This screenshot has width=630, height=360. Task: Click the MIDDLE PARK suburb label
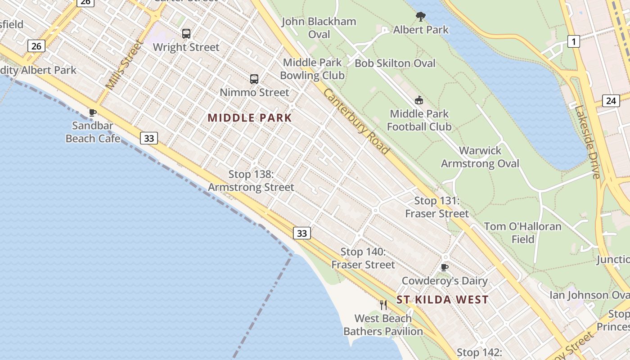[250, 118]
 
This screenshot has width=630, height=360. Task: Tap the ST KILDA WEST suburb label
[442, 300]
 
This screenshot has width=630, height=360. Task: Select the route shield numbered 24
[611, 100]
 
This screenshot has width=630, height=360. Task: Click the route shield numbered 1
[573, 42]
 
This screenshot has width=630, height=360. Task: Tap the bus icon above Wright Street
[186, 33]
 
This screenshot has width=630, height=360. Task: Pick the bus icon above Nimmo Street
[254, 79]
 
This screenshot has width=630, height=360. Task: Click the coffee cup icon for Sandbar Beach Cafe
[93, 112]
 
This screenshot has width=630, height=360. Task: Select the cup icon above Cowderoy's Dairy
[445, 268]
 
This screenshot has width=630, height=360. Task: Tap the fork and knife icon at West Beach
[383, 305]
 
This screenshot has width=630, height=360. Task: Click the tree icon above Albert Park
[421, 17]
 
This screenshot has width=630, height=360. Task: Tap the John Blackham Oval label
[319, 28]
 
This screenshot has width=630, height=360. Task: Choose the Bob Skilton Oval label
[395, 63]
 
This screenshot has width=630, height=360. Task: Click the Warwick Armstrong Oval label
[480, 157]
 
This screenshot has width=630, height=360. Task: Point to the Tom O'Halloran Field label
[523, 233]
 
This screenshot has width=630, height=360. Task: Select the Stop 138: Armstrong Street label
[251, 180]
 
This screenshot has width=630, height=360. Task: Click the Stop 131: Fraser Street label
[437, 207]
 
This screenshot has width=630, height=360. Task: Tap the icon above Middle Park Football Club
[419, 100]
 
